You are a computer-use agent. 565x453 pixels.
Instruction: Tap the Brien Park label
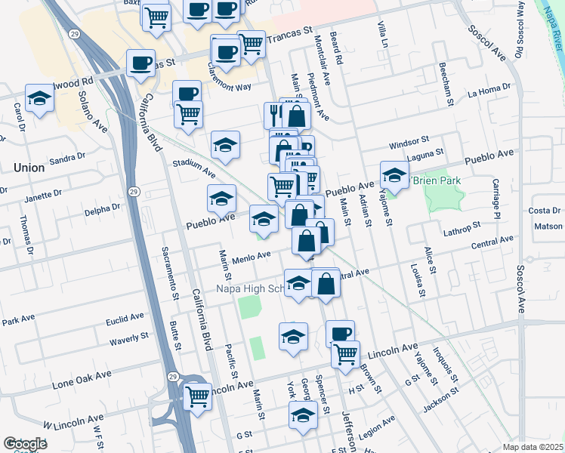pos(437,181)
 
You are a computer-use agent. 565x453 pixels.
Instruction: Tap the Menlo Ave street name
pos(252,257)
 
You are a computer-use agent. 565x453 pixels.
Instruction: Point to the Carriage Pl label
pos(496,199)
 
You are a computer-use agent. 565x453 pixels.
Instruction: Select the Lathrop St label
pos(462,226)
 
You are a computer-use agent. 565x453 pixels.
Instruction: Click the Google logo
pos(25,444)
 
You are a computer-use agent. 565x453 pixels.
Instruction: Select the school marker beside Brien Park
pos(394,176)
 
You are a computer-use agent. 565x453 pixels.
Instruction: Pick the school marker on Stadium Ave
pos(224,144)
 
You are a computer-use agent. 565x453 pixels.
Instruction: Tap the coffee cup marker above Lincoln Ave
pos(340,331)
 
